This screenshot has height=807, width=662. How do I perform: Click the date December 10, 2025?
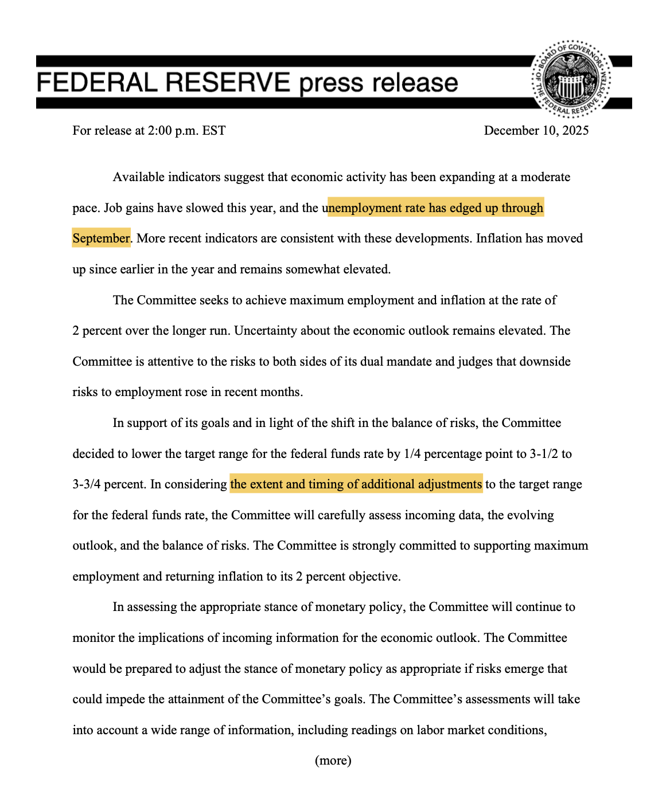coord(536,131)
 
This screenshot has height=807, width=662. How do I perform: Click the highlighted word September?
coord(101,238)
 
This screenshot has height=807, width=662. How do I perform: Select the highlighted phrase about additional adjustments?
coord(356,484)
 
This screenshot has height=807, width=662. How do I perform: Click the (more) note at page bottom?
coord(333,761)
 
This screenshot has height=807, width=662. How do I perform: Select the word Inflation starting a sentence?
coord(499,238)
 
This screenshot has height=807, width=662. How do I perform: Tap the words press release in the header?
coord(379,83)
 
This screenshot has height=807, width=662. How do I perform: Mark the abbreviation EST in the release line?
coord(214,131)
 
